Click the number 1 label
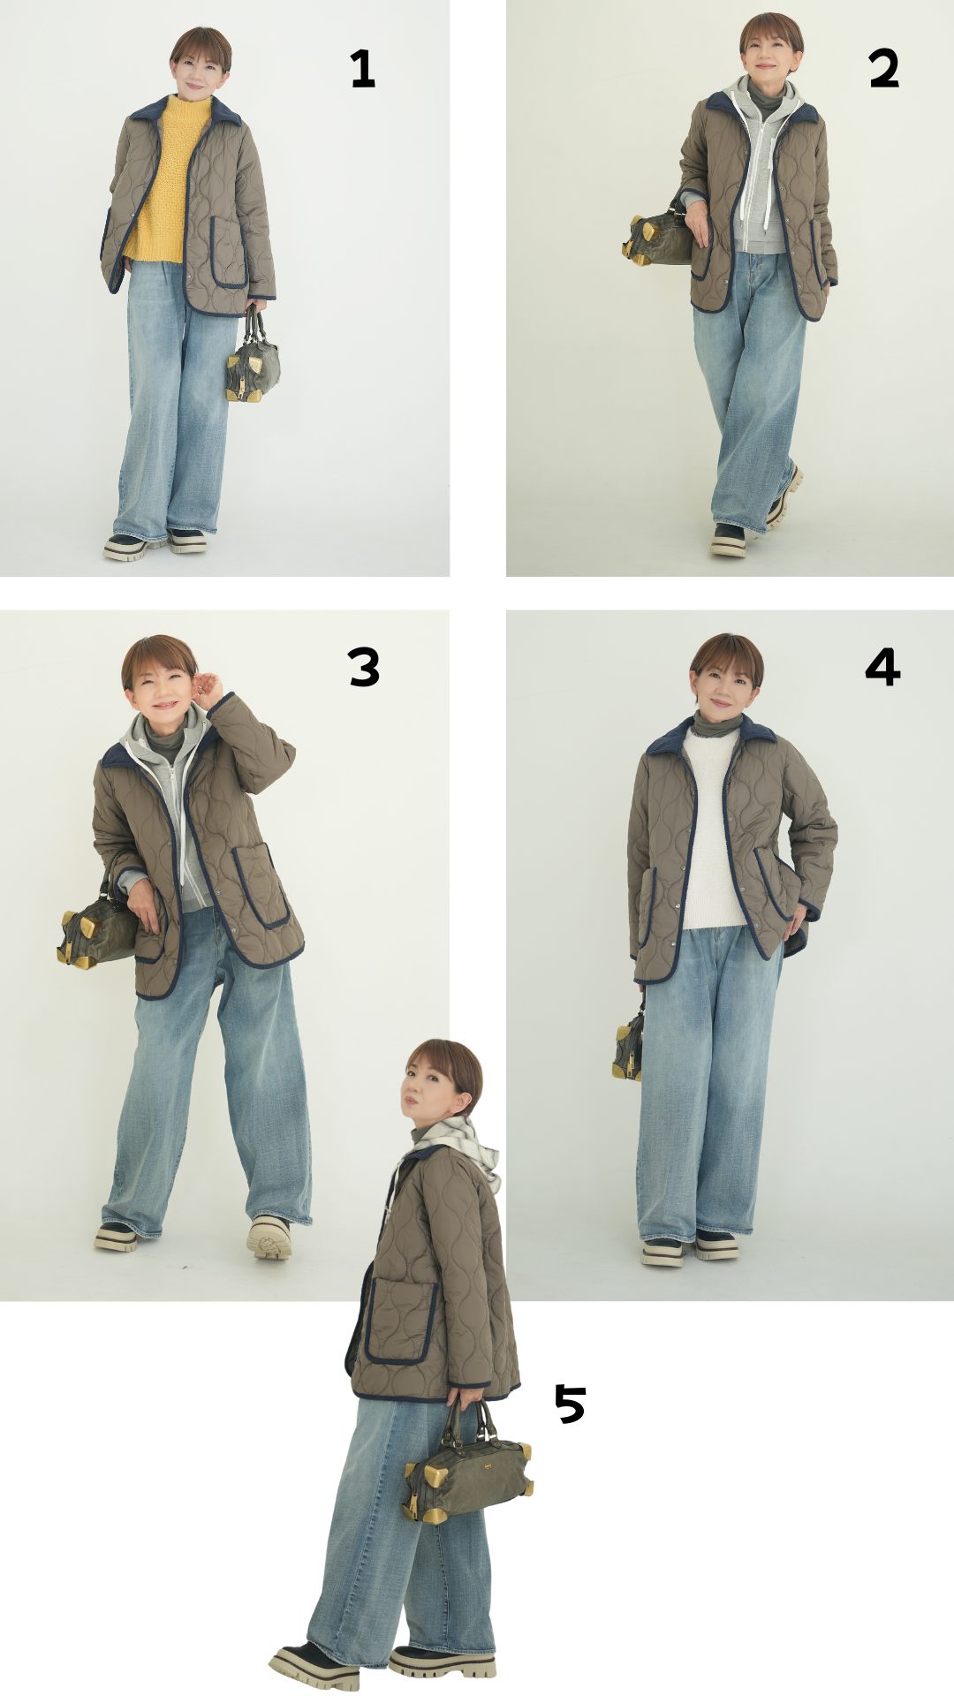click(x=363, y=69)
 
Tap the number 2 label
click(x=883, y=69)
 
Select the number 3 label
click(x=364, y=668)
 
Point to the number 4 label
click(x=882, y=667)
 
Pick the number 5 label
click(x=571, y=1404)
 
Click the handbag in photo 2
click(x=658, y=234)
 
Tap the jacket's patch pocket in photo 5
click(x=402, y=1321)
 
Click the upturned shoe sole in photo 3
click(x=269, y=1237)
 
